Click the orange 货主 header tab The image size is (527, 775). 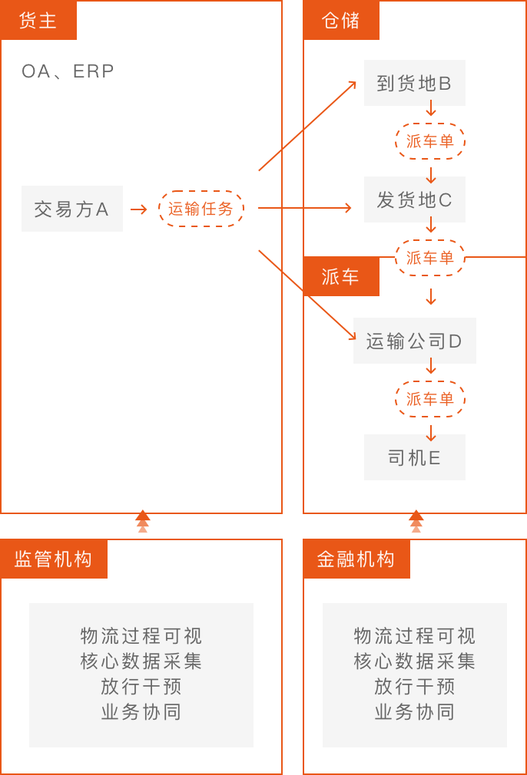pyautogui.click(x=38, y=20)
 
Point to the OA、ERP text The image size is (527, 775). pyautogui.click(x=68, y=71)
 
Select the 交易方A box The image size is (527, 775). pyautogui.click(x=71, y=209)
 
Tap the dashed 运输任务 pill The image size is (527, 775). pyautogui.click(x=201, y=209)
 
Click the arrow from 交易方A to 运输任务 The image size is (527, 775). pyautogui.click(x=139, y=209)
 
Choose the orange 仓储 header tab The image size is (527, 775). pyautogui.click(x=341, y=20)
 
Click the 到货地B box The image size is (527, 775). pyautogui.click(x=414, y=83)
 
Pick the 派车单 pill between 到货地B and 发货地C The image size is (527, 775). pyautogui.click(x=430, y=141)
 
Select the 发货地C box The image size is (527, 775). pyautogui.click(x=414, y=200)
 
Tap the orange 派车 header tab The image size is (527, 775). pyautogui.click(x=341, y=276)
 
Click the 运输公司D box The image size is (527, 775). pyautogui.click(x=414, y=341)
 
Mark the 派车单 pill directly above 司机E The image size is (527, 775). pyautogui.click(x=430, y=399)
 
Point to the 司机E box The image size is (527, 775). pyautogui.click(x=414, y=458)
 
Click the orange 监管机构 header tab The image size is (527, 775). pyautogui.click(x=54, y=559)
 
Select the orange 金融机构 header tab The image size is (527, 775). pyautogui.click(x=356, y=559)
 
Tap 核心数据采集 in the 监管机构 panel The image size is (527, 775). pyautogui.click(x=141, y=661)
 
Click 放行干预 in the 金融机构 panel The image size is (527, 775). pyautogui.click(x=415, y=686)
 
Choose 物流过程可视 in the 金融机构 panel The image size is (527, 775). pyautogui.click(x=415, y=636)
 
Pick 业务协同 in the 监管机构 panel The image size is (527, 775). pyautogui.click(x=141, y=711)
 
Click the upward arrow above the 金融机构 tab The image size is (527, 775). pyautogui.click(x=416, y=522)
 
